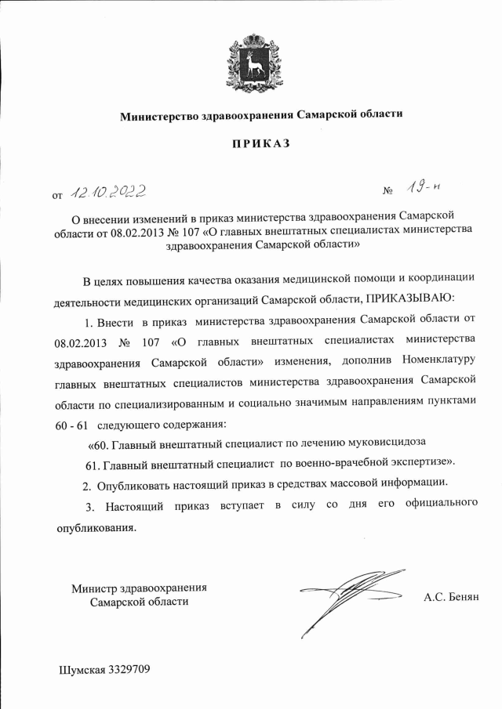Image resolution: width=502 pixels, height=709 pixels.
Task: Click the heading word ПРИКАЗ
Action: coord(259,143)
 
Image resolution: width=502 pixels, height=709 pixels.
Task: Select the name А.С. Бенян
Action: coord(450,596)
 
